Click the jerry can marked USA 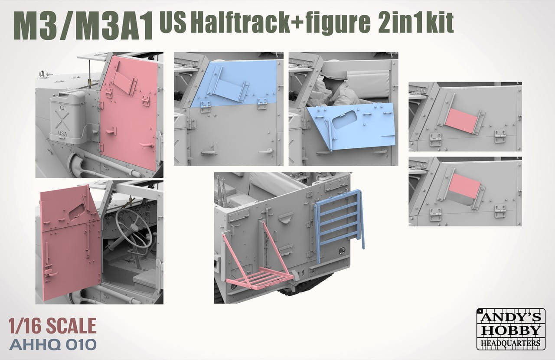(x=67, y=117)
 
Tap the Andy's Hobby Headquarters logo (x=511, y=329)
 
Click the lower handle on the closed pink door (x=147, y=144)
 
